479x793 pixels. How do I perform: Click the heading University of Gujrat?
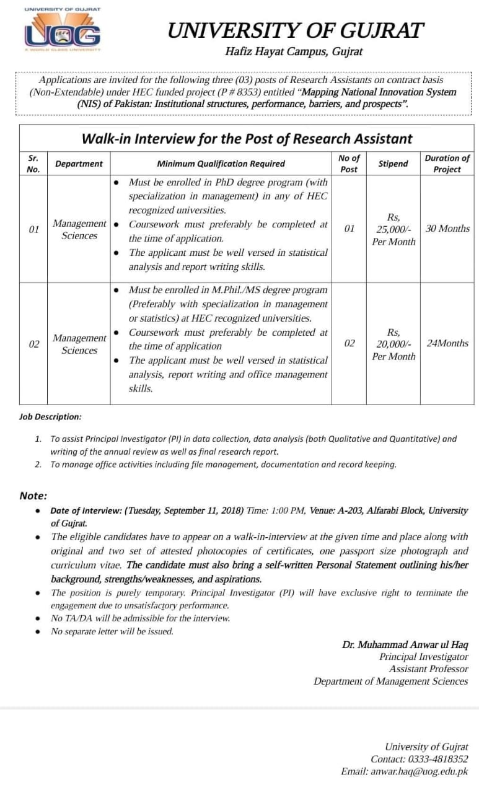coord(296,31)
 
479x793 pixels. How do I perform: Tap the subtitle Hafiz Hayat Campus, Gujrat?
coord(294,52)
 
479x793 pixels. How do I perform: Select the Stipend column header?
coord(393,164)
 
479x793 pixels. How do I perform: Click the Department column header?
coord(79,164)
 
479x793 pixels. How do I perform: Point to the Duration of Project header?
coord(447,164)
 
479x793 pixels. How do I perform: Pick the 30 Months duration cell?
coord(447,229)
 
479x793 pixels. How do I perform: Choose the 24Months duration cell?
coord(447,343)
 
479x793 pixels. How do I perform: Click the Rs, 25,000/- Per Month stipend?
coord(393,229)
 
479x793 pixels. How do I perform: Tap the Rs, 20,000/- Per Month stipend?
coord(393,344)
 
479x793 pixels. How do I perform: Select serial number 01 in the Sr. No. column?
coord(34,229)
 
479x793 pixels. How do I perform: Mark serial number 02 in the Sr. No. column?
coord(34,344)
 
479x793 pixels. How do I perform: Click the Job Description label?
coord(50,417)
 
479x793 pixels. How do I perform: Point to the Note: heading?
coord(33,496)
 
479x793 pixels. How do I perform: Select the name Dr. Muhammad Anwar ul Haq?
coord(405,644)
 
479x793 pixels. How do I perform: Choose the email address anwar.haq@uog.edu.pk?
coord(420,771)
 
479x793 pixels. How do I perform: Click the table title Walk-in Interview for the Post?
coord(247,138)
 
